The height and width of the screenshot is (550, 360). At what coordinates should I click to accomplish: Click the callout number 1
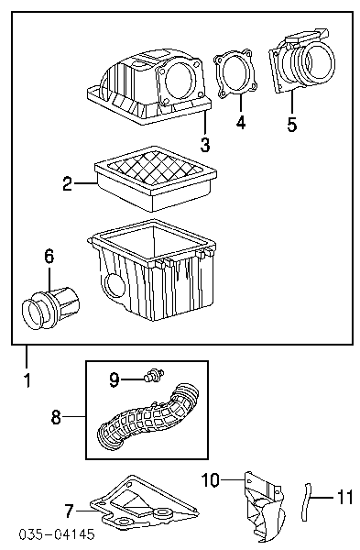coord(27,379)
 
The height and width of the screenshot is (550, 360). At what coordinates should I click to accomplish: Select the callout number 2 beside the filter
coord(68,183)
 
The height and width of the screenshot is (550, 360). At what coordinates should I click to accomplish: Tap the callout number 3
coord(205,144)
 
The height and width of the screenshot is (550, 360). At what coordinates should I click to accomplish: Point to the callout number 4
coord(241,122)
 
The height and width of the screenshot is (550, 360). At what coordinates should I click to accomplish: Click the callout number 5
coord(292,124)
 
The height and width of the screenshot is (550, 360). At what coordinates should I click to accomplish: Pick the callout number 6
coord(49,256)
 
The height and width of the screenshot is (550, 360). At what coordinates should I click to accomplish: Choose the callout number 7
coord(70,511)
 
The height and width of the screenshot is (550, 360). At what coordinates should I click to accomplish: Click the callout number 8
coord(56,417)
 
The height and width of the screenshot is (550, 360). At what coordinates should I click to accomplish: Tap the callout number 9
coord(115,379)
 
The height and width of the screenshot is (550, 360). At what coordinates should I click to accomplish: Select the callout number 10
coord(211,479)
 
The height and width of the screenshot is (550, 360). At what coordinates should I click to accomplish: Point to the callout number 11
coord(345,497)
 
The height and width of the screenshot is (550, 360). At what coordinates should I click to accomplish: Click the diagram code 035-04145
coord(57,534)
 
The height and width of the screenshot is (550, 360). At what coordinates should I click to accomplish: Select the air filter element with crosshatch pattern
coord(156,179)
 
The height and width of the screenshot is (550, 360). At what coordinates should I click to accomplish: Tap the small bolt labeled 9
coord(154,375)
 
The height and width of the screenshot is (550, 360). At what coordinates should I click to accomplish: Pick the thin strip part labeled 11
coord(306,502)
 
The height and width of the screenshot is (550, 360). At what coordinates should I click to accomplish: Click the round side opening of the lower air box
coord(115,286)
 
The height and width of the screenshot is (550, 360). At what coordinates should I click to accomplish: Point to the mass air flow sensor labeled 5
coord(301,61)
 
